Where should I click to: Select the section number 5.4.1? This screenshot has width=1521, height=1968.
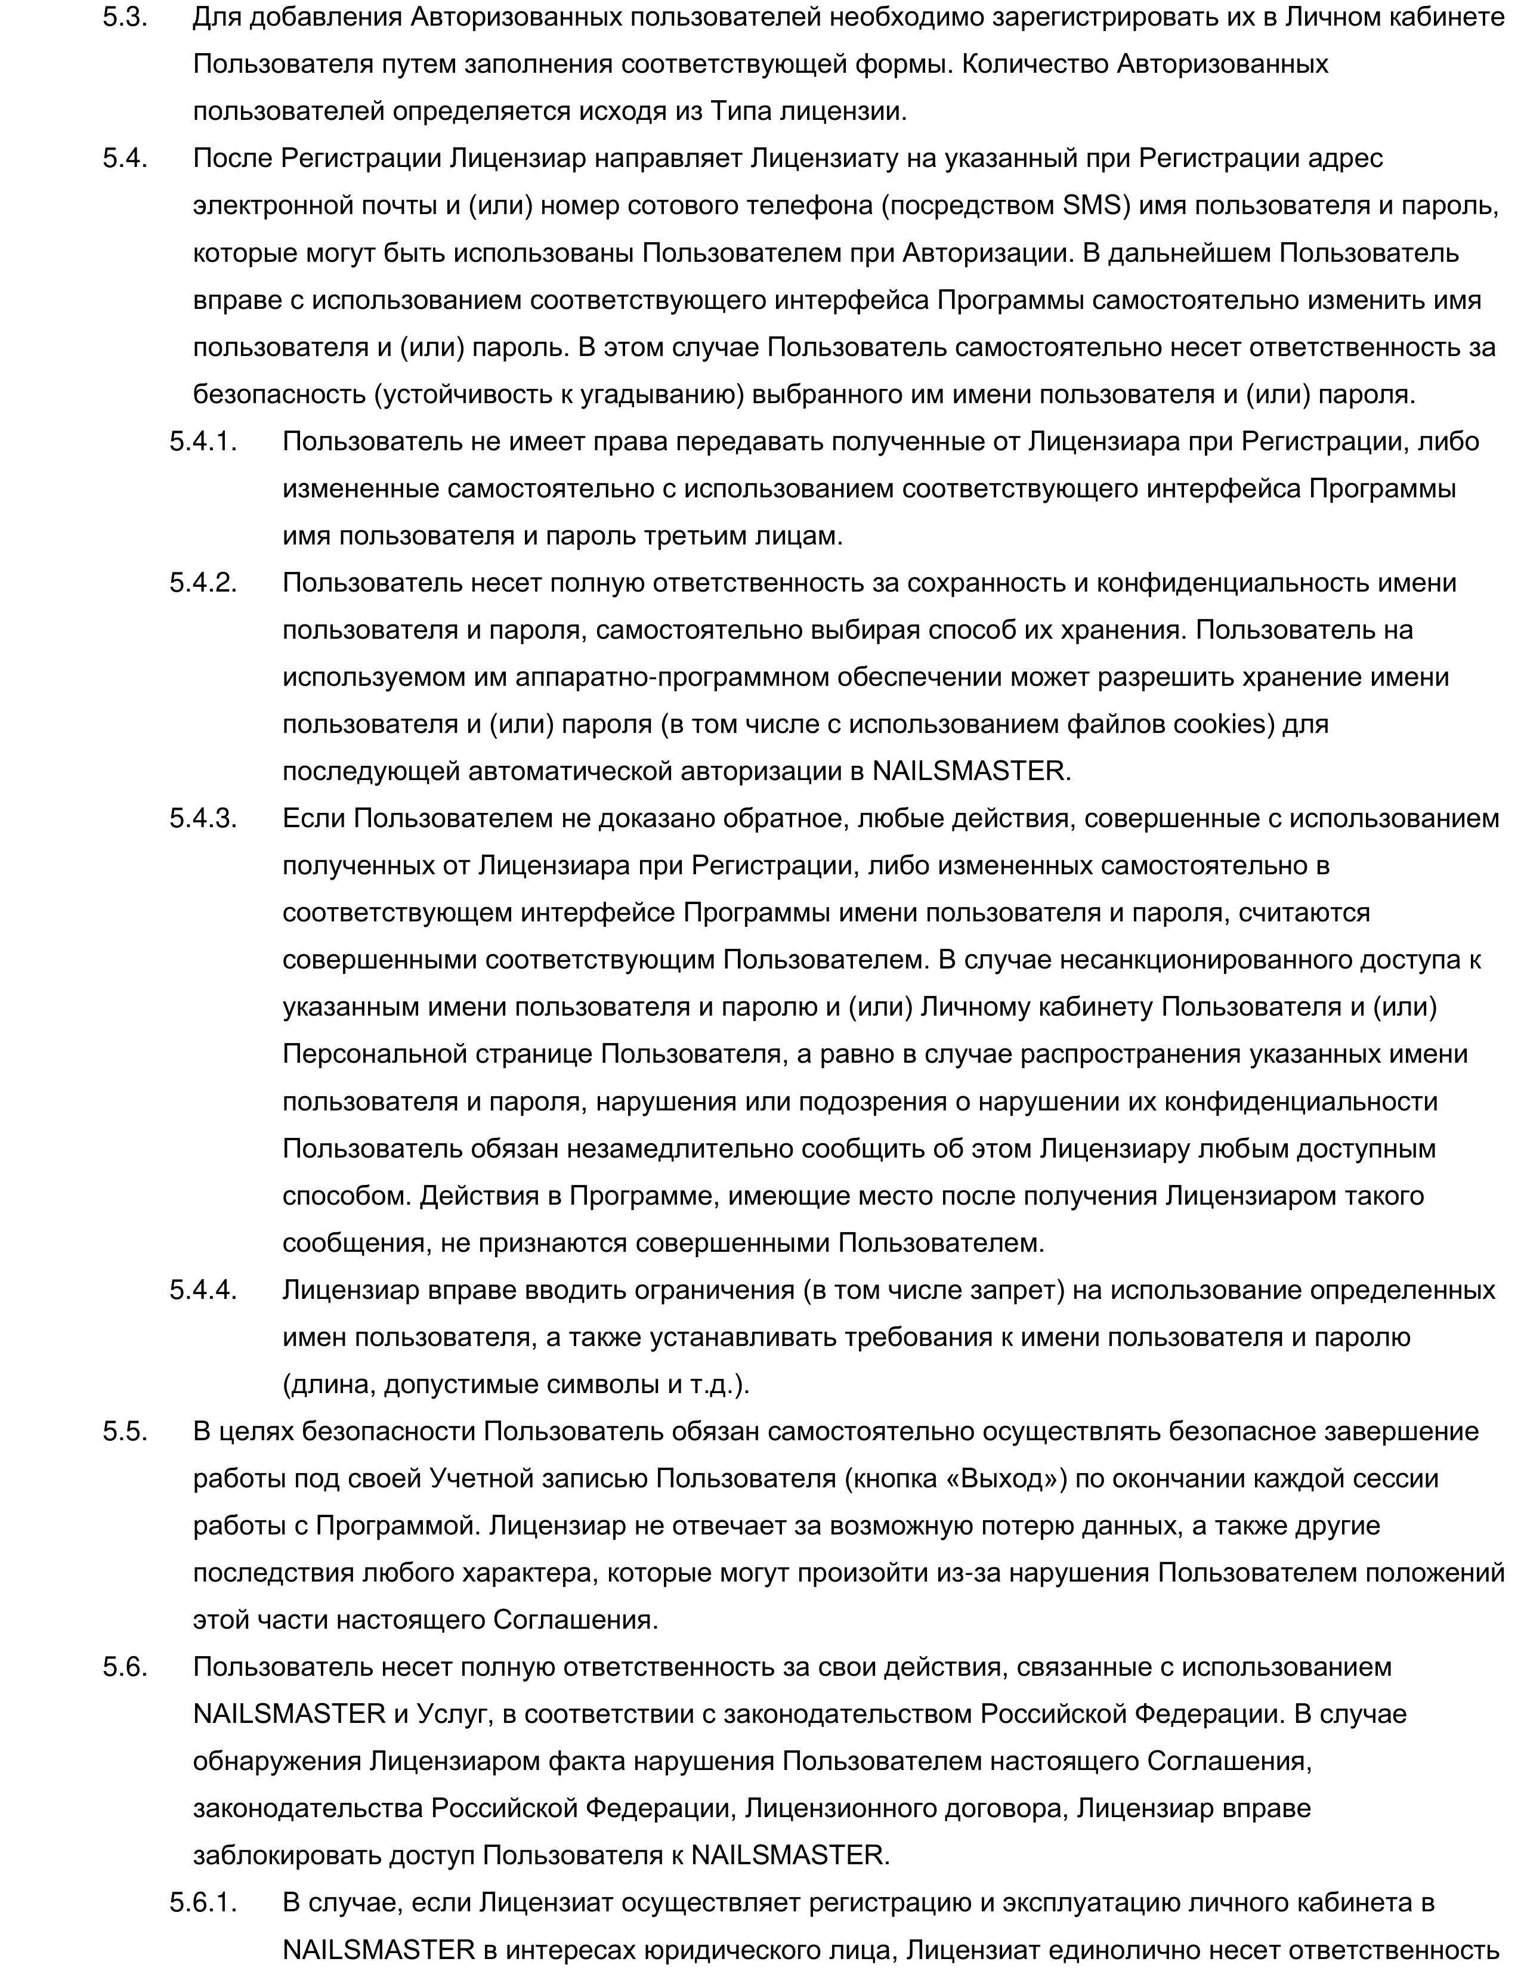[203, 441]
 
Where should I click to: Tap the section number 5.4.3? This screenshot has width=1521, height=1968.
[203, 818]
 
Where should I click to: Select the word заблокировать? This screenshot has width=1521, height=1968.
[287, 1855]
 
